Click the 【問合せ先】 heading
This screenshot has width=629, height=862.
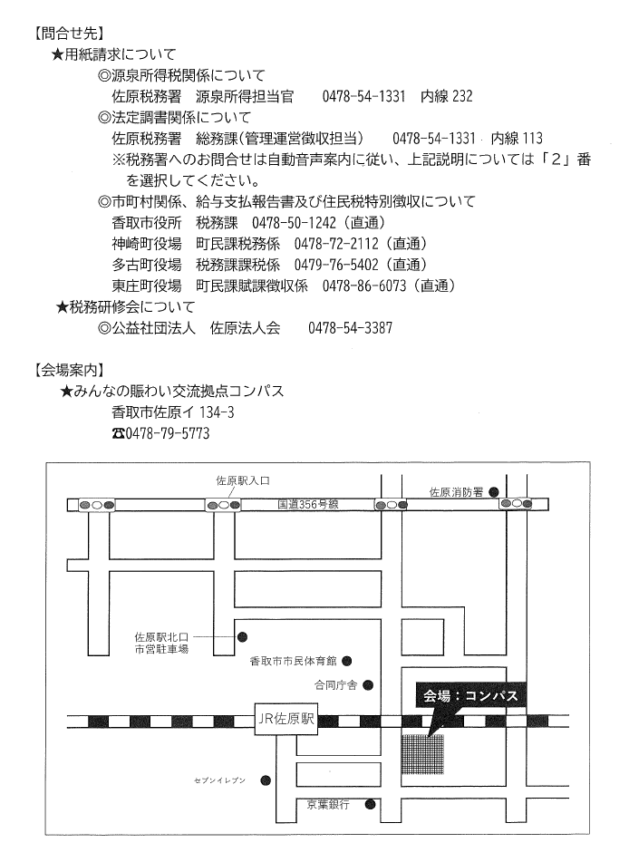click(x=68, y=34)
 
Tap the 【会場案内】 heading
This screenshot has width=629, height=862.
click(x=68, y=370)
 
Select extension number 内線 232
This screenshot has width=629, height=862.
click(x=447, y=96)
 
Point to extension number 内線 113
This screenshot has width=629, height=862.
click(x=517, y=138)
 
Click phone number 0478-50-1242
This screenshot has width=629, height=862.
click(x=294, y=222)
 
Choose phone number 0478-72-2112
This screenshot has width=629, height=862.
click(x=336, y=243)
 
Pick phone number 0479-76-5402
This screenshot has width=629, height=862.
click(x=336, y=265)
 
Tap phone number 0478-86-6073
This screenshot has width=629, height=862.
click(x=364, y=286)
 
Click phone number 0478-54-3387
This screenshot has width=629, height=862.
click(x=350, y=328)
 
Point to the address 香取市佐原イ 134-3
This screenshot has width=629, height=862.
click(x=173, y=412)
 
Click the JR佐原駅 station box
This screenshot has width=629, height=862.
click(x=285, y=719)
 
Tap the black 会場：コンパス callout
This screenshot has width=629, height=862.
click(x=471, y=696)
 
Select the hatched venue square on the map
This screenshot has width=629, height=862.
click(x=423, y=754)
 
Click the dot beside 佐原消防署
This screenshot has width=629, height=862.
click(x=494, y=491)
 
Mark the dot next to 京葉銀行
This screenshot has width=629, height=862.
click(x=371, y=804)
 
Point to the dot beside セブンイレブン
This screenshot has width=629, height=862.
click(x=266, y=780)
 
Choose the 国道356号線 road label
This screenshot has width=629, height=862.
click(x=308, y=504)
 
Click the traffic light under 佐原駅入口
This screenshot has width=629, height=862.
click(x=223, y=505)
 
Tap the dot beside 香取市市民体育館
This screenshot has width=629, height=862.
click(x=347, y=660)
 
